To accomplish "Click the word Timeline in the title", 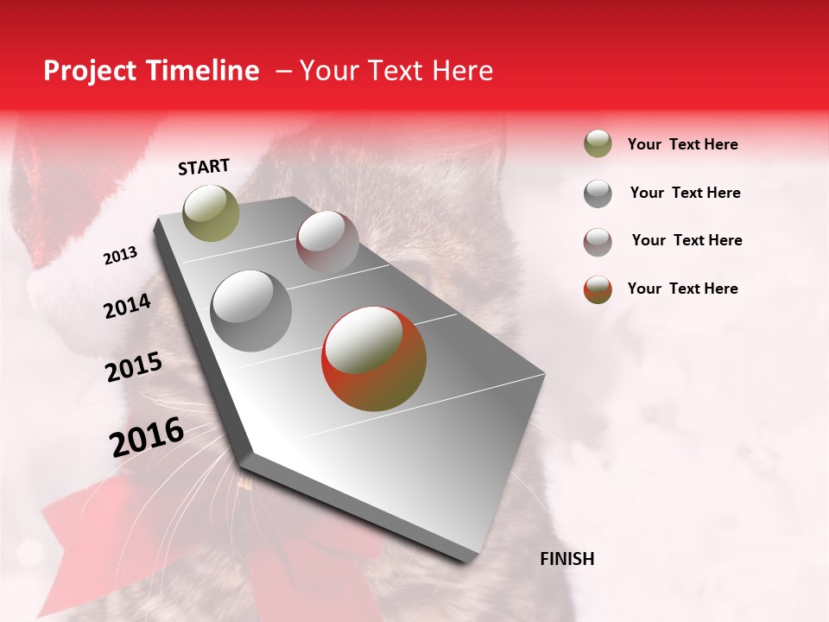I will click(x=204, y=71).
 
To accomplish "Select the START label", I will click(x=204, y=167).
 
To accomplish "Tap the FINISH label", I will click(x=567, y=559).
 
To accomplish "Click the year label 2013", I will click(x=121, y=256).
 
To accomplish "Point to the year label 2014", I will click(x=127, y=306).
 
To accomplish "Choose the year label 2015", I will click(x=134, y=367).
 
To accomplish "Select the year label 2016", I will click(x=147, y=436).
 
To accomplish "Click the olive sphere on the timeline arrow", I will click(x=212, y=213).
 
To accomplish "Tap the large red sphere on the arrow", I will click(x=374, y=359).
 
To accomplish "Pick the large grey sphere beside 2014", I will click(x=251, y=311).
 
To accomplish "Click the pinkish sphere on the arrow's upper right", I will click(x=327, y=242).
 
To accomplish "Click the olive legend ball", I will click(x=598, y=144).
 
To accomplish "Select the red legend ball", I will click(x=598, y=289).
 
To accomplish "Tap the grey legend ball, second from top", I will click(x=598, y=194).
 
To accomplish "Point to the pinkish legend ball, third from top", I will click(x=598, y=242).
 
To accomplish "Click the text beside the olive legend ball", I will click(x=682, y=144).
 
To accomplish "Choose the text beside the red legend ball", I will click(x=682, y=289).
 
